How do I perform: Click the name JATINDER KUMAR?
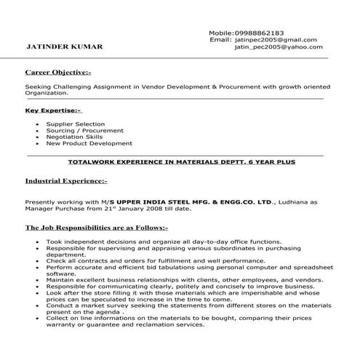[64, 47]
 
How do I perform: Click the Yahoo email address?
[278, 47]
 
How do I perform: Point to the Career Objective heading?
[58, 73]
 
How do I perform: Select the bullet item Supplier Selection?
[75, 124]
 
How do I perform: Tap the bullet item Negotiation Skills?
[75, 137]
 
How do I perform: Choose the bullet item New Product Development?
[89, 143]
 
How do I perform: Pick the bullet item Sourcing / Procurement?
[80, 131]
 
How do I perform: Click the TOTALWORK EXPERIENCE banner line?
[181, 162]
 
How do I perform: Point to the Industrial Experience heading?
[65, 180]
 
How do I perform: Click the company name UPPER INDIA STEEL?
[167, 201]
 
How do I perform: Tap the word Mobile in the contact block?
[220, 33]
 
